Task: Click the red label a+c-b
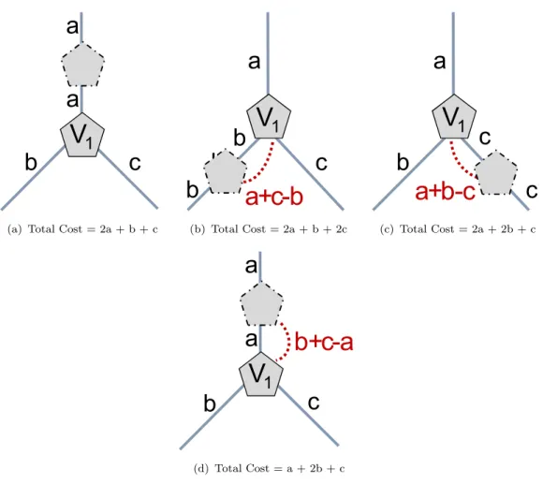pos(274,197)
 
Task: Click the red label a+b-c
pos(445,192)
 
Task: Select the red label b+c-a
pos(324,342)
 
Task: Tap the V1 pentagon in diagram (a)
pos(82,135)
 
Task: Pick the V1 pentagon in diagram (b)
pos(269,117)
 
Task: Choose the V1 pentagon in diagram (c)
pos(454,117)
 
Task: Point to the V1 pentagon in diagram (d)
pos(261,374)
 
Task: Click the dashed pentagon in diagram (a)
pos(82,65)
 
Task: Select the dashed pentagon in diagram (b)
pos(226,171)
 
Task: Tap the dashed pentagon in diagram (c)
pos(496,172)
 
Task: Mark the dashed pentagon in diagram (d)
pos(262,304)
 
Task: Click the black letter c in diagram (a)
pos(135,163)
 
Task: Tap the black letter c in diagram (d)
pos(314,403)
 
